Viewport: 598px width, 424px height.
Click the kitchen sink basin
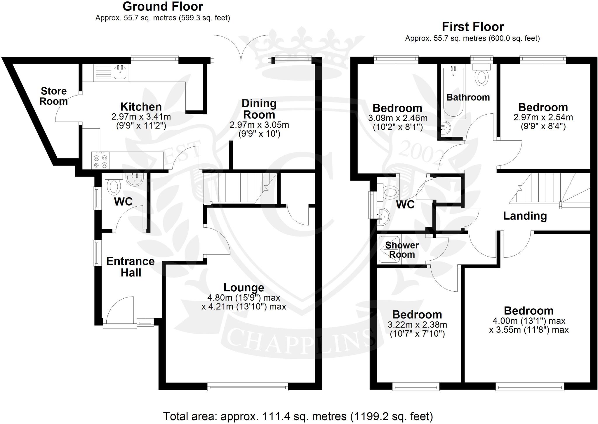120,72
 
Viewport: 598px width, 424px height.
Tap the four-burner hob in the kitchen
100,161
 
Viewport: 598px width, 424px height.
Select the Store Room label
53,96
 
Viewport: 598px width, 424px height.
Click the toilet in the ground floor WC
114,186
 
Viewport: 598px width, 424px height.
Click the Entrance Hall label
131,267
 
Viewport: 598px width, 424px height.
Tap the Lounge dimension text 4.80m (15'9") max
244,298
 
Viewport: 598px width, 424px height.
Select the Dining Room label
259,109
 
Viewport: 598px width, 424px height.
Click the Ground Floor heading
163,6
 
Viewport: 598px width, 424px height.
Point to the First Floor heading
472,27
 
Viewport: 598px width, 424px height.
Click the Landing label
525,216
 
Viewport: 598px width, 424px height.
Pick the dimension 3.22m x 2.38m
417,325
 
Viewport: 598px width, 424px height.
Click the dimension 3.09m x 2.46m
397,118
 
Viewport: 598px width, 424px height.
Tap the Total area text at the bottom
298,416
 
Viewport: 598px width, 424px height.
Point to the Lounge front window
248,387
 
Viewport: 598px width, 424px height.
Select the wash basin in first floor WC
384,217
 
